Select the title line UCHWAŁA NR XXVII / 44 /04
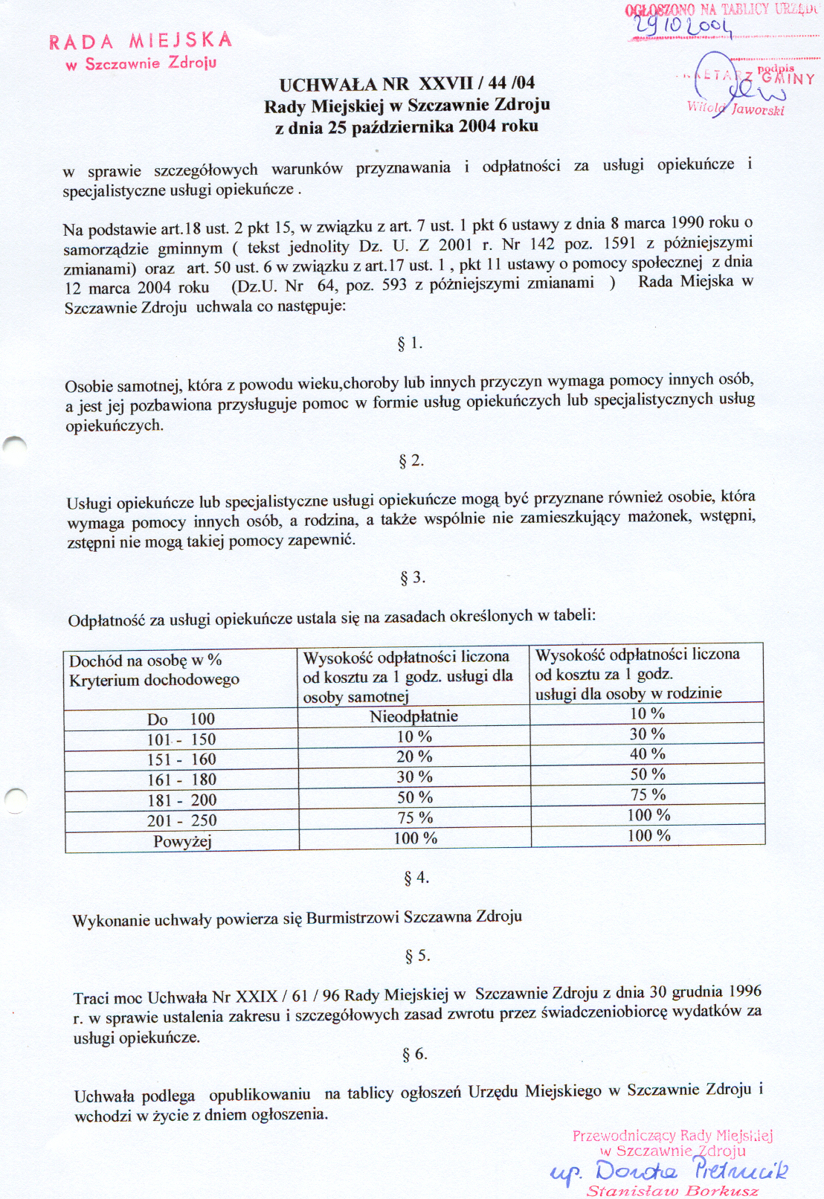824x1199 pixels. [x=407, y=83]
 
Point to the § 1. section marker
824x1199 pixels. [x=410, y=344]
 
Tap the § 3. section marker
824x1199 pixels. [x=412, y=578]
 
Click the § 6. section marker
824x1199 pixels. [x=414, y=1054]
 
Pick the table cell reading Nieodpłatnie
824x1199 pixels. [x=413, y=716]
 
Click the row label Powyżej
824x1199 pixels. [x=182, y=841]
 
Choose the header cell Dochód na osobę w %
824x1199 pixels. [x=146, y=660]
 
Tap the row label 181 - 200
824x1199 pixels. [x=181, y=800]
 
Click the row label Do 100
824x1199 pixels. [x=181, y=719]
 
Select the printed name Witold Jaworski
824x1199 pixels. [x=736, y=109]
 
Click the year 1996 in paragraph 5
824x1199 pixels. [x=745, y=991]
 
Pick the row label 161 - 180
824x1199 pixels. [x=181, y=779]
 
